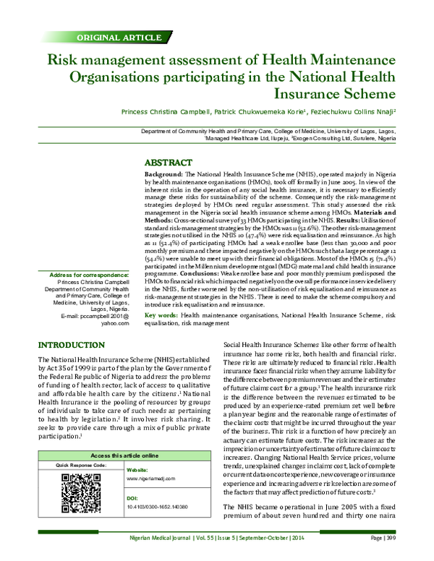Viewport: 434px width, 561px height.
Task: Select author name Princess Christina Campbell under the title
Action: click(163, 112)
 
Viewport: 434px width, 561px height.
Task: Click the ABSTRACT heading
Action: click(169, 163)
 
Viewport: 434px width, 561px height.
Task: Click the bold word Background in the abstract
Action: click(162, 176)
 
